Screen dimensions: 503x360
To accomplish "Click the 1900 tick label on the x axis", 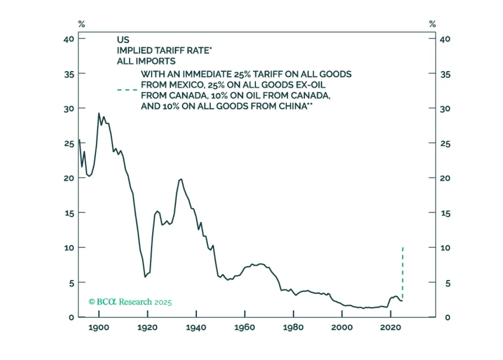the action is coord(99,327).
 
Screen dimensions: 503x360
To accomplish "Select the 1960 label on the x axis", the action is coord(244,327).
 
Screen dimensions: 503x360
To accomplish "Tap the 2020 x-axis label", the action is coord(390,327).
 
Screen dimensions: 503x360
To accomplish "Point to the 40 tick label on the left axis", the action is coord(68,39).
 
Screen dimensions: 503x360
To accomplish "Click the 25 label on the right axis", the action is coord(445,144).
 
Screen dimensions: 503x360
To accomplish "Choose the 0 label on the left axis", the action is coord(71,317).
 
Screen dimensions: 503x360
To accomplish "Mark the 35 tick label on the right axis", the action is coord(445,74).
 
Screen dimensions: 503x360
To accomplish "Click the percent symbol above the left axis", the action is coord(81,24).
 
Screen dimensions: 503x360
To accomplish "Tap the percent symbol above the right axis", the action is coord(432,24).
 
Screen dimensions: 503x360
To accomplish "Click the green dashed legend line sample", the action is coord(127,90).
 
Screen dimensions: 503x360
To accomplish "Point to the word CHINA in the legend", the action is coord(293,106).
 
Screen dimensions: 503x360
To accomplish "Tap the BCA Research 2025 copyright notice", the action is coord(130,302).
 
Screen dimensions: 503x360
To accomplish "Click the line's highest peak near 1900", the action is coord(99,113).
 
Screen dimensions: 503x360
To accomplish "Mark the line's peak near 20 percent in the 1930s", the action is coord(181,179).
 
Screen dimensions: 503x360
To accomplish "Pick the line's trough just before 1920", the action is coord(145,277).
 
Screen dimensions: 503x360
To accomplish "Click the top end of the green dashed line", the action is coord(403,248).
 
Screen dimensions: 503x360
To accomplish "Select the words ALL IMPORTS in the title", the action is coord(146,61).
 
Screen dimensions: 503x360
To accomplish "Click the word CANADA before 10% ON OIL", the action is coord(188,96).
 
